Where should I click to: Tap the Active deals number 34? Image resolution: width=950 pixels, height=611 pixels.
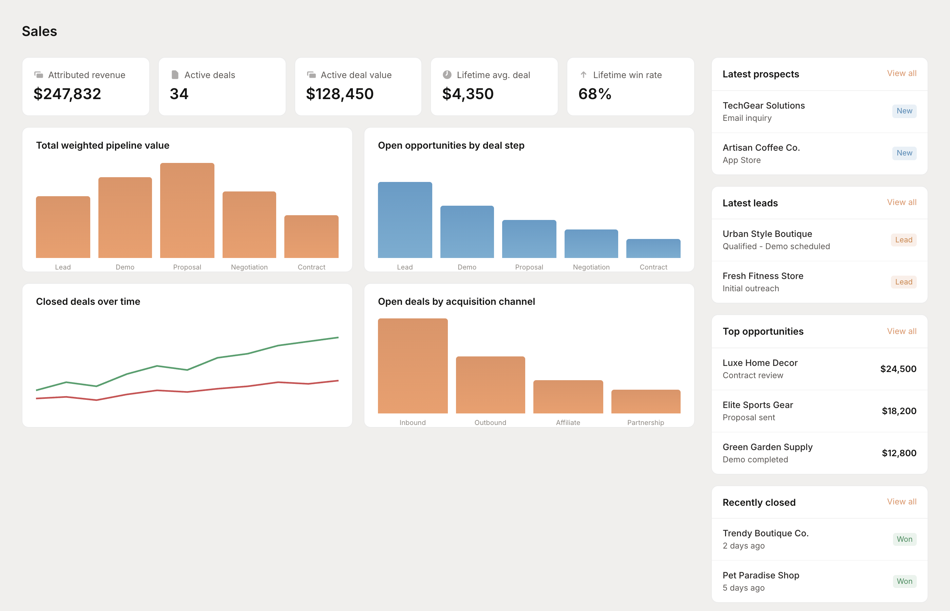(x=179, y=94)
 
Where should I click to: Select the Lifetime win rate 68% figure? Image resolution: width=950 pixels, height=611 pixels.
(x=594, y=94)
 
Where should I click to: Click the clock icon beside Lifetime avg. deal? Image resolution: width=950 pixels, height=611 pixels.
(x=447, y=75)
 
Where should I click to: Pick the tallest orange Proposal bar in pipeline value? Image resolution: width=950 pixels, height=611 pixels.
(x=187, y=210)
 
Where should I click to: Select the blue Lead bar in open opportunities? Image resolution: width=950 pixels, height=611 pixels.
(x=405, y=220)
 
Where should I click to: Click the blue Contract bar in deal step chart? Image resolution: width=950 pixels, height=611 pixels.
(x=653, y=248)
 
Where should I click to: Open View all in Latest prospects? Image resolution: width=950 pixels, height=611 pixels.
(x=901, y=73)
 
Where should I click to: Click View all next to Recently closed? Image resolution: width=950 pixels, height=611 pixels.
(x=901, y=501)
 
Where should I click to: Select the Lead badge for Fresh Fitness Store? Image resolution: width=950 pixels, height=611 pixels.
(x=903, y=282)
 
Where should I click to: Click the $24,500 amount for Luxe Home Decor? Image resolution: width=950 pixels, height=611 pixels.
(x=898, y=369)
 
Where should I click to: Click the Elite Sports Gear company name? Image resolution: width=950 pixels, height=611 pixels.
(x=757, y=405)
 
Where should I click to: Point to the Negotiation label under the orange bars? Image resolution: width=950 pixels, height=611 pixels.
(x=249, y=267)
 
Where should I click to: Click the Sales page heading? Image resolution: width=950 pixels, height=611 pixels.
(x=39, y=31)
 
